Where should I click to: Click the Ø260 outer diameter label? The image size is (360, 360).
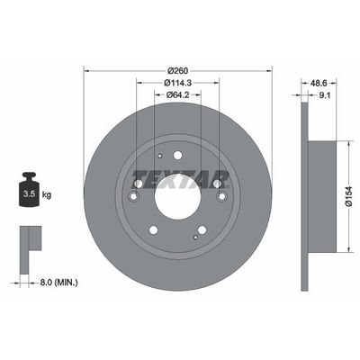pos(177,71)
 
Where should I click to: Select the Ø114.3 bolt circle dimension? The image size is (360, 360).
pos(178,83)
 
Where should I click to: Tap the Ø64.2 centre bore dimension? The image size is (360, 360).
pos(177,94)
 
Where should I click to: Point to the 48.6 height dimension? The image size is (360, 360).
pos(319,83)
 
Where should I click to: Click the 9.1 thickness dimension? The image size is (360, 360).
pos(325,95)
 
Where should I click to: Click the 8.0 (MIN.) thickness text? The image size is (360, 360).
pos(58,283)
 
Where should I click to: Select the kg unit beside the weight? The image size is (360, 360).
pos(47,195)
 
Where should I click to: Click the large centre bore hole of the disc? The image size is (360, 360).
pos(177,197)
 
